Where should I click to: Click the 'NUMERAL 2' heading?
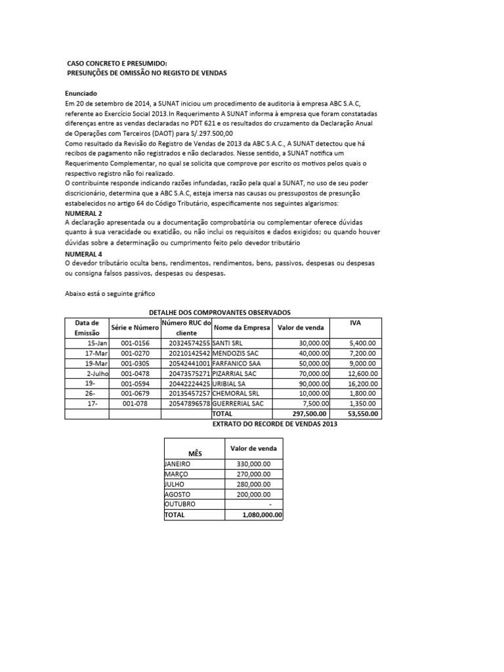point(83,214)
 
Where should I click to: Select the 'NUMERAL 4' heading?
point(83,253)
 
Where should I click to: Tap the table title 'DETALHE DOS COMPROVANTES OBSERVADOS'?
point(221,312)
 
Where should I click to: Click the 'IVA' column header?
point(356,323)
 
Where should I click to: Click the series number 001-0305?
point(135,363)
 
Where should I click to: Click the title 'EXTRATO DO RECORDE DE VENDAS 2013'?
point(275,425)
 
